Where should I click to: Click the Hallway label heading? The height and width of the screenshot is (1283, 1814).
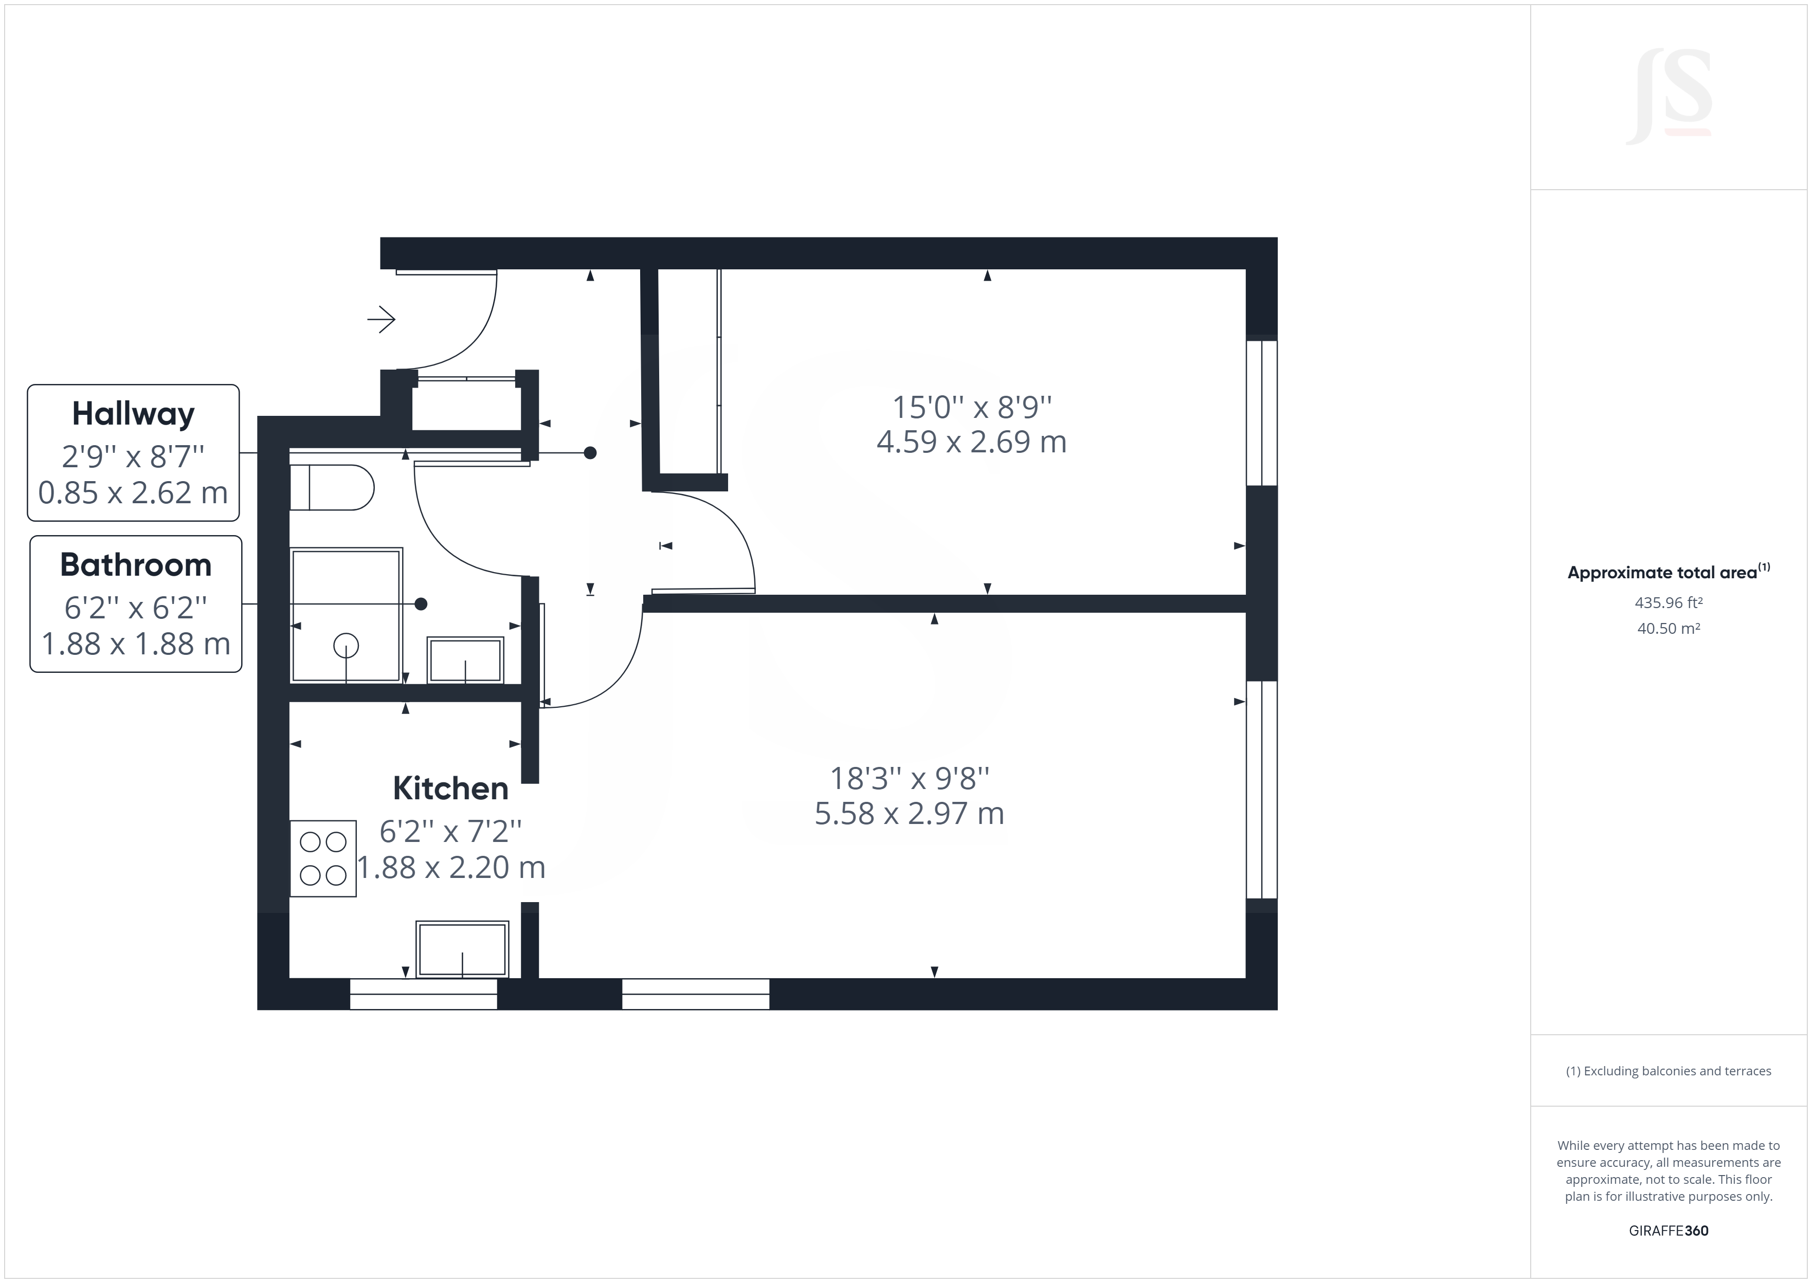coord(133,414)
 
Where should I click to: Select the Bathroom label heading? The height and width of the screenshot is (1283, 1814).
coord(136,565)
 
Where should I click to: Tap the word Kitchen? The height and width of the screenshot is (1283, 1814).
coord(450,789)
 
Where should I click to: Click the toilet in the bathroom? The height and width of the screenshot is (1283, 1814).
coord(332,487)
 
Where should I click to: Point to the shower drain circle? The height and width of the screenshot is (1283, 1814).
coord(346,646)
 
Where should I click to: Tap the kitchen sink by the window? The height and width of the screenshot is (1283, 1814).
coord(462,949)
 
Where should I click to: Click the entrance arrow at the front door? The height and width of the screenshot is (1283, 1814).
coord(382,319)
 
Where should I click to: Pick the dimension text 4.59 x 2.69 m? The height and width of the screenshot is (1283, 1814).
coord(971,442)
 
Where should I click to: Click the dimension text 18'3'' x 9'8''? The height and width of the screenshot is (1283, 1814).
coord(910,778)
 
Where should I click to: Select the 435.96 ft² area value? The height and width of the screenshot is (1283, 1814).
coord(1668,603)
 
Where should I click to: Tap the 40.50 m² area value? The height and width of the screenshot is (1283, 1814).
coord(1668,629)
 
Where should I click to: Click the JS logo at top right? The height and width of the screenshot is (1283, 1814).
coord(1668,97)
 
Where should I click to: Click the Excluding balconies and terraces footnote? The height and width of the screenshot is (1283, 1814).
coord(1668,1071)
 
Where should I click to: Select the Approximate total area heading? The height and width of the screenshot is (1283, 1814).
coord(1668,572)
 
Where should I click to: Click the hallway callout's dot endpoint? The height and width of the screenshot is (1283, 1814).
coord(590,453)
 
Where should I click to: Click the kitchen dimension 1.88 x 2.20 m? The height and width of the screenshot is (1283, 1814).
coord(451,868)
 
